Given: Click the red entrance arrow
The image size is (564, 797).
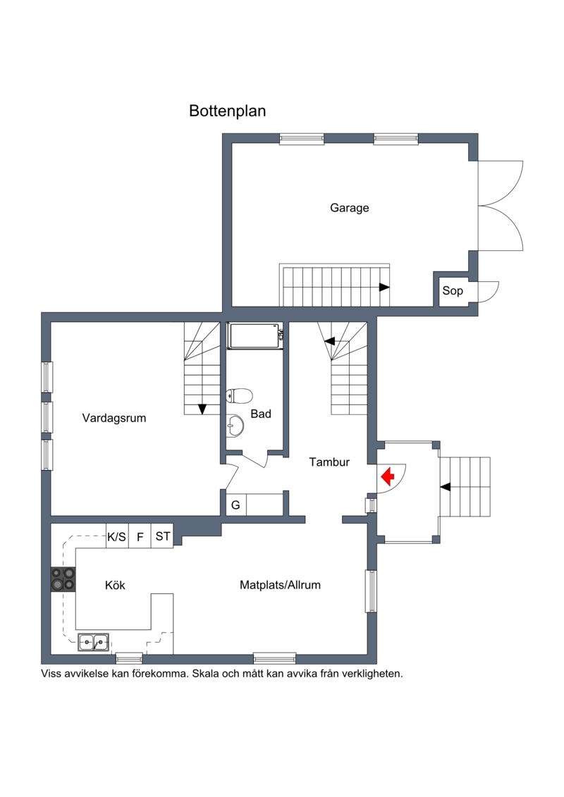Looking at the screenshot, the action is [x=388, y=477].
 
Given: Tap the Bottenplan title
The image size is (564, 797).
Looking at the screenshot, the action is [x=227, y=111].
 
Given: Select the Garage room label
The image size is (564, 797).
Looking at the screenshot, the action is [x=350, y=208].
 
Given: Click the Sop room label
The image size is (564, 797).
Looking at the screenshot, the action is [x=453, y=291].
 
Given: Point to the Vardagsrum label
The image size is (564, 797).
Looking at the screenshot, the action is [x=114, y=418].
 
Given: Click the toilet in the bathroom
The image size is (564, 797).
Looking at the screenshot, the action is [x=239, y=395].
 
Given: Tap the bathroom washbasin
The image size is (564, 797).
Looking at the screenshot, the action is [x=235, y=424].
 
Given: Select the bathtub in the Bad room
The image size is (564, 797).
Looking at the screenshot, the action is [x=255, y=336].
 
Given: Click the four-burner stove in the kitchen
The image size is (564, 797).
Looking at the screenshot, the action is [x=63, y=579].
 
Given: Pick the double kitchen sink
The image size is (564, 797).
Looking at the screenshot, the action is [x=93, y=643].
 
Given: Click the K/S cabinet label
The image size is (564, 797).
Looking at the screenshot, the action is [x=116, y=537].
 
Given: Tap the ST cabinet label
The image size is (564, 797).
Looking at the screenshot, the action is [x=163, y=536].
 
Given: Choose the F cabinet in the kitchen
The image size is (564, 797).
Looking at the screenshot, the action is [x=140, y=537].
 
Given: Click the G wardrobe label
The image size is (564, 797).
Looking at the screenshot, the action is [x=235, y=505].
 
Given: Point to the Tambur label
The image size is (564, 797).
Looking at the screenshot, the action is [x=329, y=462].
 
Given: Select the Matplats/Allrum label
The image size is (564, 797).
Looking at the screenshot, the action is [x=280, y=585].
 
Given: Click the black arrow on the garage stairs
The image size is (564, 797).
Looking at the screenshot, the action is [x=384, y=288].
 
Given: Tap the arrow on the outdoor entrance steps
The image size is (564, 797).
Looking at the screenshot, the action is [x=445, y=487].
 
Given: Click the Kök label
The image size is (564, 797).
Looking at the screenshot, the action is [x=115, y=585].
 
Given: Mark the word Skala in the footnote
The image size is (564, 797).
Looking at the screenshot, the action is [x=206, y=674].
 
